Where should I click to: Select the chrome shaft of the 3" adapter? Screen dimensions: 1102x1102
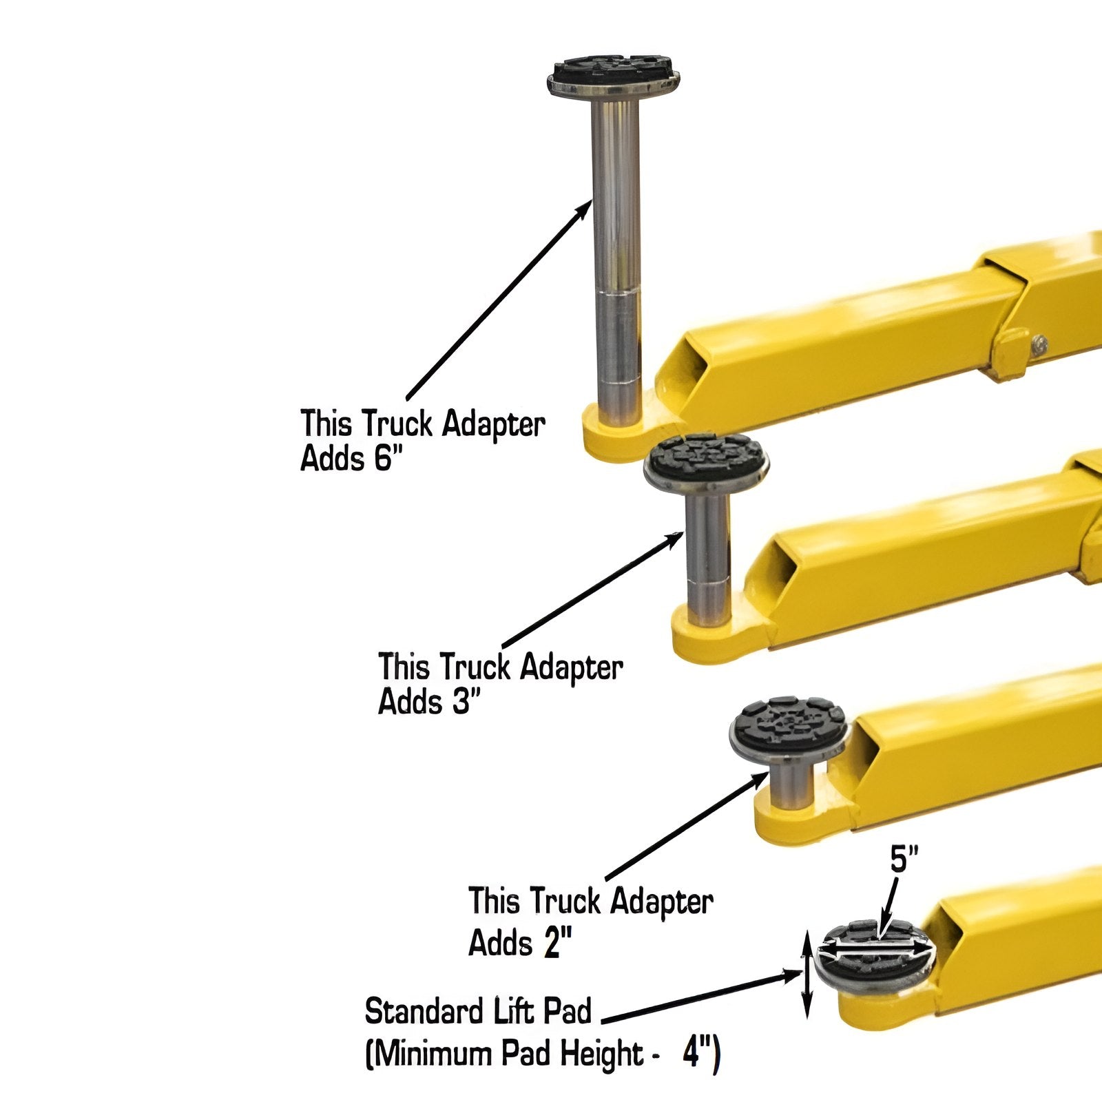(x=707, y=558)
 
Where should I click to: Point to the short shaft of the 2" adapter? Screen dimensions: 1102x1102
(x=791, y=785)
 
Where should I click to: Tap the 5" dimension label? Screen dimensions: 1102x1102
(x=904, y=860)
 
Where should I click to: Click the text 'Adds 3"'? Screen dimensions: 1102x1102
(x=428, y=703)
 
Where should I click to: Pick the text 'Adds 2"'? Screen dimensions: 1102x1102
(x=520, y=942)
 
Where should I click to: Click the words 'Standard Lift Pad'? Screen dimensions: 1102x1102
(x=478, y=1012)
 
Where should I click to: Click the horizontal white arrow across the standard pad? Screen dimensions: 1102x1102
(x=873, y=949)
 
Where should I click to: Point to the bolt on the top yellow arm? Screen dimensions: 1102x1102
(x=1041, y=342)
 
